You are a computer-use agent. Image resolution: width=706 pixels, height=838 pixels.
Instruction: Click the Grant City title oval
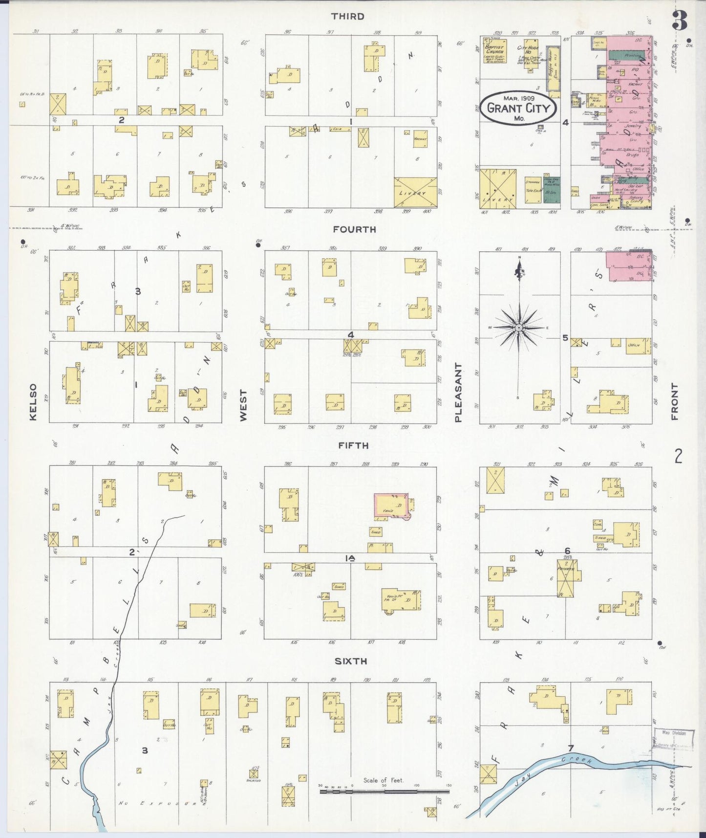pos(518,108)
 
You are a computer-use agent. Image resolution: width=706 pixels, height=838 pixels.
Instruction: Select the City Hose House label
pos(527,49)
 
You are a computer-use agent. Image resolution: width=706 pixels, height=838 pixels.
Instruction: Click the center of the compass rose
pos(518,327)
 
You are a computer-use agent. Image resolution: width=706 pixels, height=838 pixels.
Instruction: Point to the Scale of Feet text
pos(384,780)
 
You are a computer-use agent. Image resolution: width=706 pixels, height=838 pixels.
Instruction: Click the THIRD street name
pos(347,17)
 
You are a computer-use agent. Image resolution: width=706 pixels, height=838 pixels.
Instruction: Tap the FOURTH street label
pos(354,229)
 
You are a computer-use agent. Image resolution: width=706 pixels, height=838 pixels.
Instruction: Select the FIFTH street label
pos(350,446)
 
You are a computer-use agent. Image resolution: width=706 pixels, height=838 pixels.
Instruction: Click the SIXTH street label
pos(351,662)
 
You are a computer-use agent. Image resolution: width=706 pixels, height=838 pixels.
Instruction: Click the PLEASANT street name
pos(458,393)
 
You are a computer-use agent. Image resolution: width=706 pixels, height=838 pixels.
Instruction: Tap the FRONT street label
pos(675,402)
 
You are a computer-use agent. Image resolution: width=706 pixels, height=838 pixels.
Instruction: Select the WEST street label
pos(243,405)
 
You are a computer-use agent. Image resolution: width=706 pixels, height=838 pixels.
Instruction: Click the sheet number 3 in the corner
pos(680,20)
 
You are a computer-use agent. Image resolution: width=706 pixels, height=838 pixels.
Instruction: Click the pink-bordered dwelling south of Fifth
pos(391,505)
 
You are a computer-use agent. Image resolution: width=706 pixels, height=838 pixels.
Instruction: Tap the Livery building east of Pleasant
pos(498,189)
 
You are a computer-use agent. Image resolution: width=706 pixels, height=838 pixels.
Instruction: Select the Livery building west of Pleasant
pos(415,192)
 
